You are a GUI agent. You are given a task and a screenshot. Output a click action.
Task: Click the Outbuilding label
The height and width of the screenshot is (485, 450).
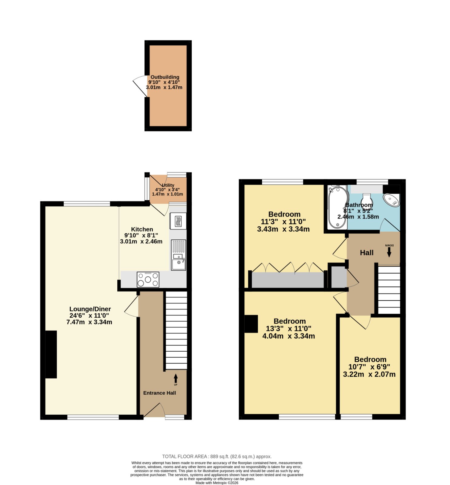[x=165, y=77]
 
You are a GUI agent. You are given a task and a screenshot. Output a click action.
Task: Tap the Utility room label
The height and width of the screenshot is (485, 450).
[x=168, y=185]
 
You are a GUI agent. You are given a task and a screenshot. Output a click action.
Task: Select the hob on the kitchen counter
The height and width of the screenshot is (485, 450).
[x=148, y=279]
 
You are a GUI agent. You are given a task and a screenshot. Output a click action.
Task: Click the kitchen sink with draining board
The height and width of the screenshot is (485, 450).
[x=178, y=255]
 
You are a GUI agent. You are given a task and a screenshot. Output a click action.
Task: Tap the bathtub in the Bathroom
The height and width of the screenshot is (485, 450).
[x=337, y=207]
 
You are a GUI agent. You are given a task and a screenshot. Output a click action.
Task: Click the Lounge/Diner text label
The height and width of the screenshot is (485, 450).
[x=90, y=309]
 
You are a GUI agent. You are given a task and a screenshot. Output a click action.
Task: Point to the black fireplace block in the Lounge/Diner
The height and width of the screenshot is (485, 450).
[x=51, y=354]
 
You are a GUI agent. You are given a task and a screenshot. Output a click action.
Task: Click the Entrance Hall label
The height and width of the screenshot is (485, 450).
[x=160, y=393]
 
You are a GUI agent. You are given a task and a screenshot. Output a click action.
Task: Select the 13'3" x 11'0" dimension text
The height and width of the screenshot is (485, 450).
[x=289, y=329]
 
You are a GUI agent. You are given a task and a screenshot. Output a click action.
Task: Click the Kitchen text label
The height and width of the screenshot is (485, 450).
[x=142, y=229]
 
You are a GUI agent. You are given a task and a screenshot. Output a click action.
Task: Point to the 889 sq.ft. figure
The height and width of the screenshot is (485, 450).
[x=220, y=457]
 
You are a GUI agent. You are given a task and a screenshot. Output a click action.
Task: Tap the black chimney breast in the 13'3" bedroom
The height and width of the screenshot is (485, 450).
[x=251, y=324]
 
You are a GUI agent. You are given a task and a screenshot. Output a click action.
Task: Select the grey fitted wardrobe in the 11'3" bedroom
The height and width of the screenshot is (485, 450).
[x=288, y=280]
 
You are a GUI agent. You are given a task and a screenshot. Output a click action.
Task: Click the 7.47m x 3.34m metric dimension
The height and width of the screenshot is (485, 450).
[x=89, y=322]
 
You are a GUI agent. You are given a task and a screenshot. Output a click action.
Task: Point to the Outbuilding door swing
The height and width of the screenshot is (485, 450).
[x=140, y=85]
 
